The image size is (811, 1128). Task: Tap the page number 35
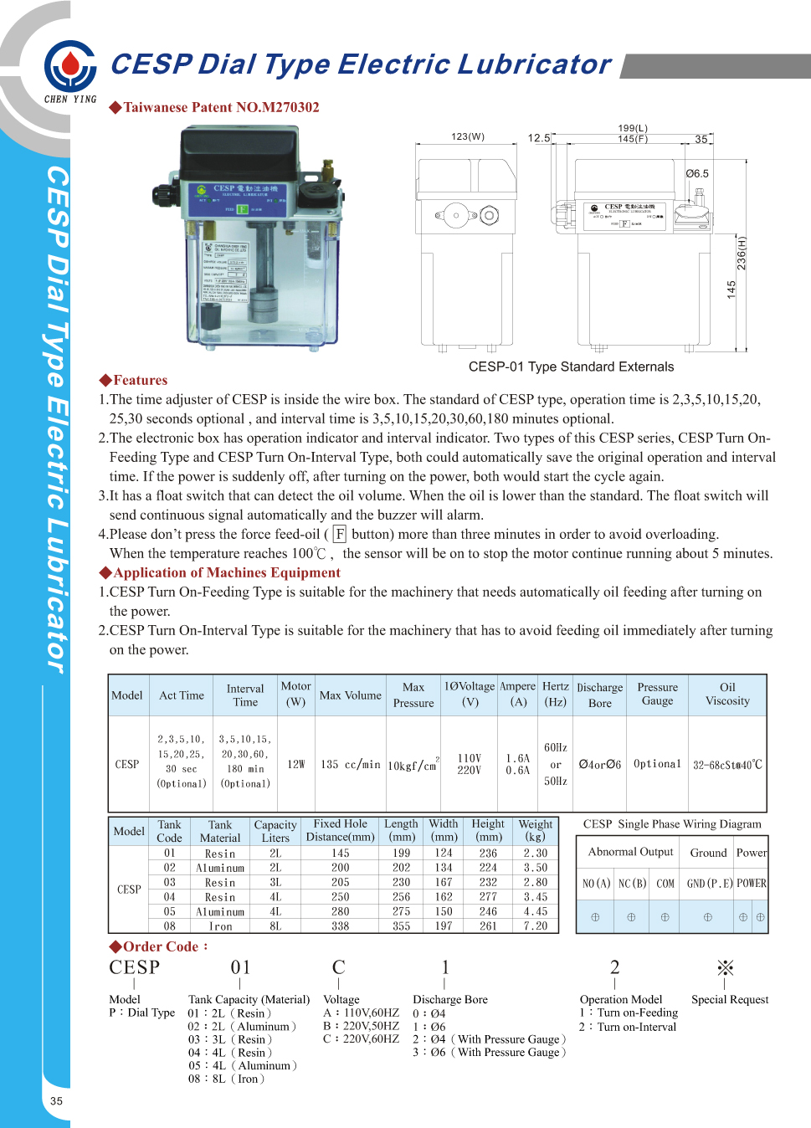pos(56,1101)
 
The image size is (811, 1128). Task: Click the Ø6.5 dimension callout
pos(696,174)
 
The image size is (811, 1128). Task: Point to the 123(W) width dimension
pos(468,136)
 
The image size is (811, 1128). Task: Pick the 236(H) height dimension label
pos(742,253)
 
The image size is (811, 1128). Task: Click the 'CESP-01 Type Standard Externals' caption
pos(571,367)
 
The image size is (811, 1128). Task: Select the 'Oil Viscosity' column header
pos(727,695)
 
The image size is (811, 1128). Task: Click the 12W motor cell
pos(295,764)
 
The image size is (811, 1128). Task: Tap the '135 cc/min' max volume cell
pos(350,764)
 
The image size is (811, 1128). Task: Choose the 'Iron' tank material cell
pos(220,926)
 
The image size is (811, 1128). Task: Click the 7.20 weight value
pos(536,926)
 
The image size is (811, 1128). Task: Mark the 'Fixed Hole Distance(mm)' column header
pos(340,830)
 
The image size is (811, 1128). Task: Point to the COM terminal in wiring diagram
pos(665,884)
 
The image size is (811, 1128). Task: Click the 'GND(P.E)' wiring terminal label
pos(709,884)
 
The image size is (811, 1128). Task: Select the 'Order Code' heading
pos(159,946)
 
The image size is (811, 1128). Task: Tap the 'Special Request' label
pos(729,999)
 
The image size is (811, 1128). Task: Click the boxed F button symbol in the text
pos(339,534)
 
